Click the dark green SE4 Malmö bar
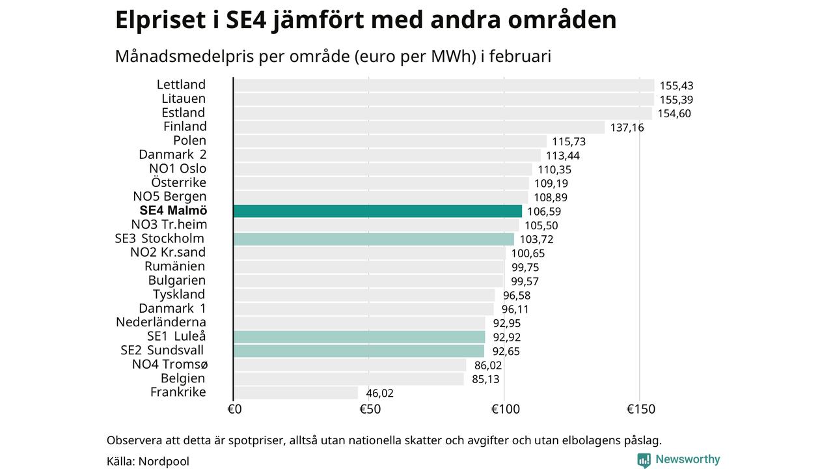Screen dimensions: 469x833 (x=377, y=211)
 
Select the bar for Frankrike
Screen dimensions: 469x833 (x=295, y=393)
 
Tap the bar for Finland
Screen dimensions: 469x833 (x=419, y=127)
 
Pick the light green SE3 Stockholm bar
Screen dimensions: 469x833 (x=374, y=239)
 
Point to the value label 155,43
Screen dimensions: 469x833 (x=677, y=86)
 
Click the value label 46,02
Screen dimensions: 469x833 (x=379, y=393)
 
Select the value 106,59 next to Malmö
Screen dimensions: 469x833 (x=544, y=212)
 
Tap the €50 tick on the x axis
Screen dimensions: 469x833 (x=370, y=410)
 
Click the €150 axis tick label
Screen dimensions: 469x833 (x=641, y=410)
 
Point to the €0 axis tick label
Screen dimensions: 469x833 (x=234, y=410)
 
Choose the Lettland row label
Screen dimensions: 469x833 (x=181, y=85)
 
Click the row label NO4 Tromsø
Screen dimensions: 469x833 (x=170, y=364)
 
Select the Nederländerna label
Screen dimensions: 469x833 (x=161, y=322)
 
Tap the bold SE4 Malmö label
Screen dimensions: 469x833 (x=173, y=210)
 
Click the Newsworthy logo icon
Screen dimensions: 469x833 (x=644, y=460)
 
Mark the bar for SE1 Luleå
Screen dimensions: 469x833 (x=359, y=337)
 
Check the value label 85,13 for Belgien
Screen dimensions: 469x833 (x=485, y=379)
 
